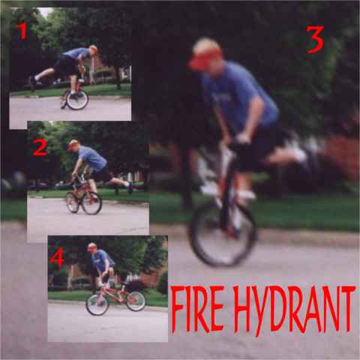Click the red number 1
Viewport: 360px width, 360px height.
tap(23, 31)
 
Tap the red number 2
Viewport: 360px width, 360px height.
tap(40, 148)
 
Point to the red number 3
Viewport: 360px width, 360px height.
tap(315, 40)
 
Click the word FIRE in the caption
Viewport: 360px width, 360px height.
tap(197, 309)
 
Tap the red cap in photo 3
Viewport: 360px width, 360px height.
tap(205, 59)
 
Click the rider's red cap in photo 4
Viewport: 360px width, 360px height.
tap(91, 247)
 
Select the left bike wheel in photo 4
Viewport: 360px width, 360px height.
tap(97, 304)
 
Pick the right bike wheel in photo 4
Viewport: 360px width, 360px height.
tap(136, 301)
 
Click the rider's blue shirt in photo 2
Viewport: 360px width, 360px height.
tap(92, 157)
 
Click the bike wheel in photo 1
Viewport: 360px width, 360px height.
tap(77, 100)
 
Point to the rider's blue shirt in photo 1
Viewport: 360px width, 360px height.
tap(76, 54)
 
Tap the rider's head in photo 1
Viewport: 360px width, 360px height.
tap(93, 50)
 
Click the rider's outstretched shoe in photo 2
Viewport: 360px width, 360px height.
tap(130, 188)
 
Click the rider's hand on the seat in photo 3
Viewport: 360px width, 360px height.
tap(242, 138)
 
